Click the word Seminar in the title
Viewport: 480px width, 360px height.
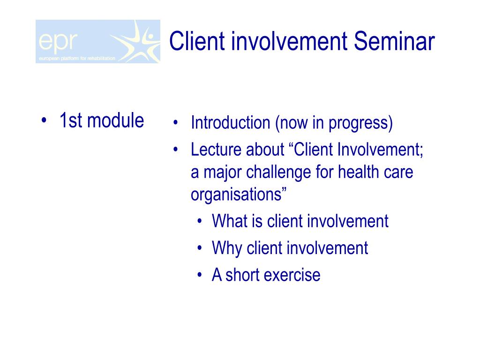pyautogui.click(x=394, y=41)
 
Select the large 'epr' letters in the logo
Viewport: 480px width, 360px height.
pyautogui.click(x=58, y=42)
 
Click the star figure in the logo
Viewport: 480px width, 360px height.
pyautogui.click(x=137, y=41)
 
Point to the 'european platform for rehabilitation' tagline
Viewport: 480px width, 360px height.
pyautogui.click(x=77, y=59)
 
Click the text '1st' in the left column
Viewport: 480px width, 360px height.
pyautogui.click(x=71, y=120)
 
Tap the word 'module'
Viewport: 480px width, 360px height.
pyautogui.click(x=115, y=120)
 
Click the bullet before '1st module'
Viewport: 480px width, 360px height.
pyautogui.click(x=44, y=120)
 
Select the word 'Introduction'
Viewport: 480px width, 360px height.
pyautogui.click(x=230, y=122)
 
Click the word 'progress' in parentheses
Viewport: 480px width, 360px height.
pyautogui.click(x=360, y=123)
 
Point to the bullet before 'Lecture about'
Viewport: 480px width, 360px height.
pyautogui.click(x=175, y=150)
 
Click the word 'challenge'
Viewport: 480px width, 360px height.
pyautogui.click(x=278, y=172)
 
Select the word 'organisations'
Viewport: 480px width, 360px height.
pyautogui.click(x=236, y=195)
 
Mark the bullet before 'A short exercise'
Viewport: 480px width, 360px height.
pyautogui.click(x=200, y=275)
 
